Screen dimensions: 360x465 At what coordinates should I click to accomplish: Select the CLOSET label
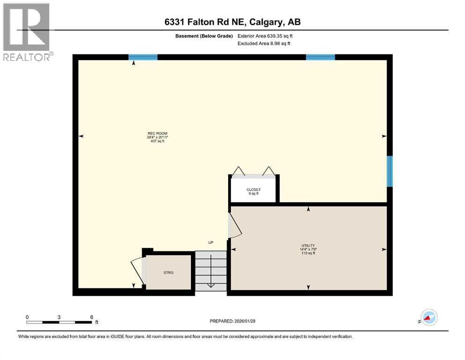coord(253,191)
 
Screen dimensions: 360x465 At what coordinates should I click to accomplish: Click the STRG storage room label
coord(169,272)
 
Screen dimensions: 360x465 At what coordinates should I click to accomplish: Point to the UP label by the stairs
coord(211,242)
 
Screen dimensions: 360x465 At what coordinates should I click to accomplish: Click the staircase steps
coord(211,270)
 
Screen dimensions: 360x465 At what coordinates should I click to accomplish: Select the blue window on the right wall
coord(389,171)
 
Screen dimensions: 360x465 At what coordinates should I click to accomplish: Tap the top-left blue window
coord(143,57)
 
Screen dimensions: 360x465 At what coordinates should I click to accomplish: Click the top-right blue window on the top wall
coord(320,57)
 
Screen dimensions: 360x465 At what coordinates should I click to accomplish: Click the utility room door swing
coord(235,225)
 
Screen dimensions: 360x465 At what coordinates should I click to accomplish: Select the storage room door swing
coord(137,271)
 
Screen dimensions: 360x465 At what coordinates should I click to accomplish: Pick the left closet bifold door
coord(239,171)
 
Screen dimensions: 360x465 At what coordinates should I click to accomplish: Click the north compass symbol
coord(428,318)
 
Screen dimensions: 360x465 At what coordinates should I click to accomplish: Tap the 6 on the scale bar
coord(91,317)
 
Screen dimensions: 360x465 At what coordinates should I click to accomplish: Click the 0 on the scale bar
coord(27,317)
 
